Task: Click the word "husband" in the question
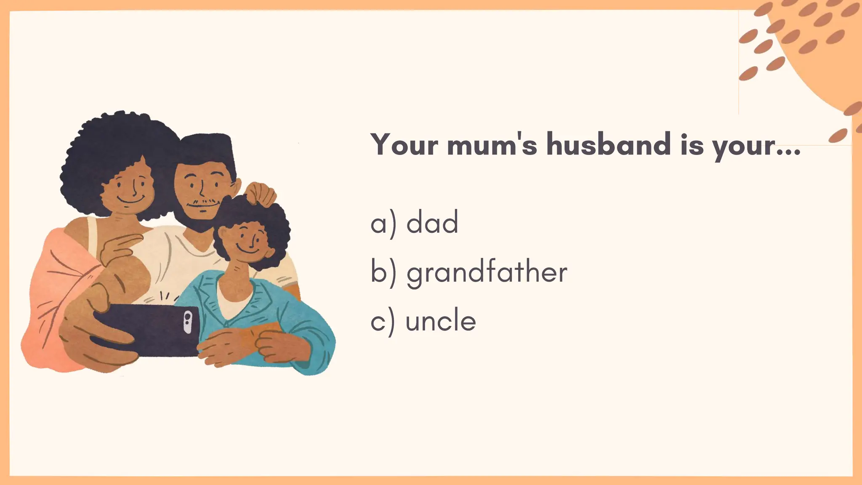[x=608, y=144]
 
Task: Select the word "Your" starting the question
[x=404, y=144]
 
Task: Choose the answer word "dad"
[x=432, y=223]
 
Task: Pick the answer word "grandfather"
[x=487, y=272]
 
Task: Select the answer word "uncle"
[x=441, y=321]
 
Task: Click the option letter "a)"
[x=383, y=224]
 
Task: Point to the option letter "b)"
[x=383, y=272]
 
